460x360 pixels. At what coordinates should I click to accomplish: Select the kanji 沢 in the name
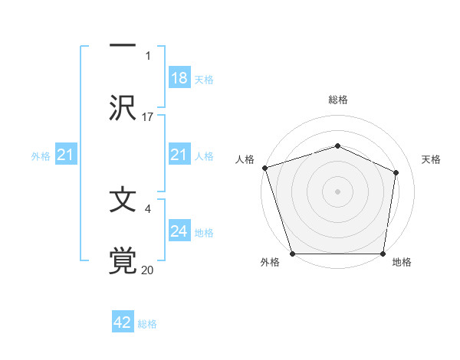[123, 106]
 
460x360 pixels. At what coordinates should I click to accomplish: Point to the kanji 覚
[123, 260]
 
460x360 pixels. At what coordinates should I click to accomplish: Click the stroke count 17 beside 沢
[148, 117]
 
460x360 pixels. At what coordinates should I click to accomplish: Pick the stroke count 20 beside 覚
[148, 270]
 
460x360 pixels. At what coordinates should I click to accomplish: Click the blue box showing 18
[179, 78]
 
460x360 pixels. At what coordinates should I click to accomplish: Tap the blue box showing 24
[179, 231]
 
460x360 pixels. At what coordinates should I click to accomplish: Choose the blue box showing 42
[122, 322]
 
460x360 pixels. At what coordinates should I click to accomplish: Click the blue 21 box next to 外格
[66, 155]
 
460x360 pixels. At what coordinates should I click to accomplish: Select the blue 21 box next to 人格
[179, 155]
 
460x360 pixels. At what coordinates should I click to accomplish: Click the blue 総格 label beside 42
[147, 324]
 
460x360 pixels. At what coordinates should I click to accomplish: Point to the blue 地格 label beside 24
[204, 233]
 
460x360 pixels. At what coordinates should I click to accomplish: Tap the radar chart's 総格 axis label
[337, 100]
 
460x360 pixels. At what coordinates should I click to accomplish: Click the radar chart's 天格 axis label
[431, 159]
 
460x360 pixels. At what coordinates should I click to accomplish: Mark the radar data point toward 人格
[264, 167]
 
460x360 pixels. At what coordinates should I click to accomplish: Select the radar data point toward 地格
[383, 254]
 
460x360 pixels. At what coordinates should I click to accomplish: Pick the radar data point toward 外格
[293, 254]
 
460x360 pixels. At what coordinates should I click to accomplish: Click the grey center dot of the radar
[337, 191]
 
